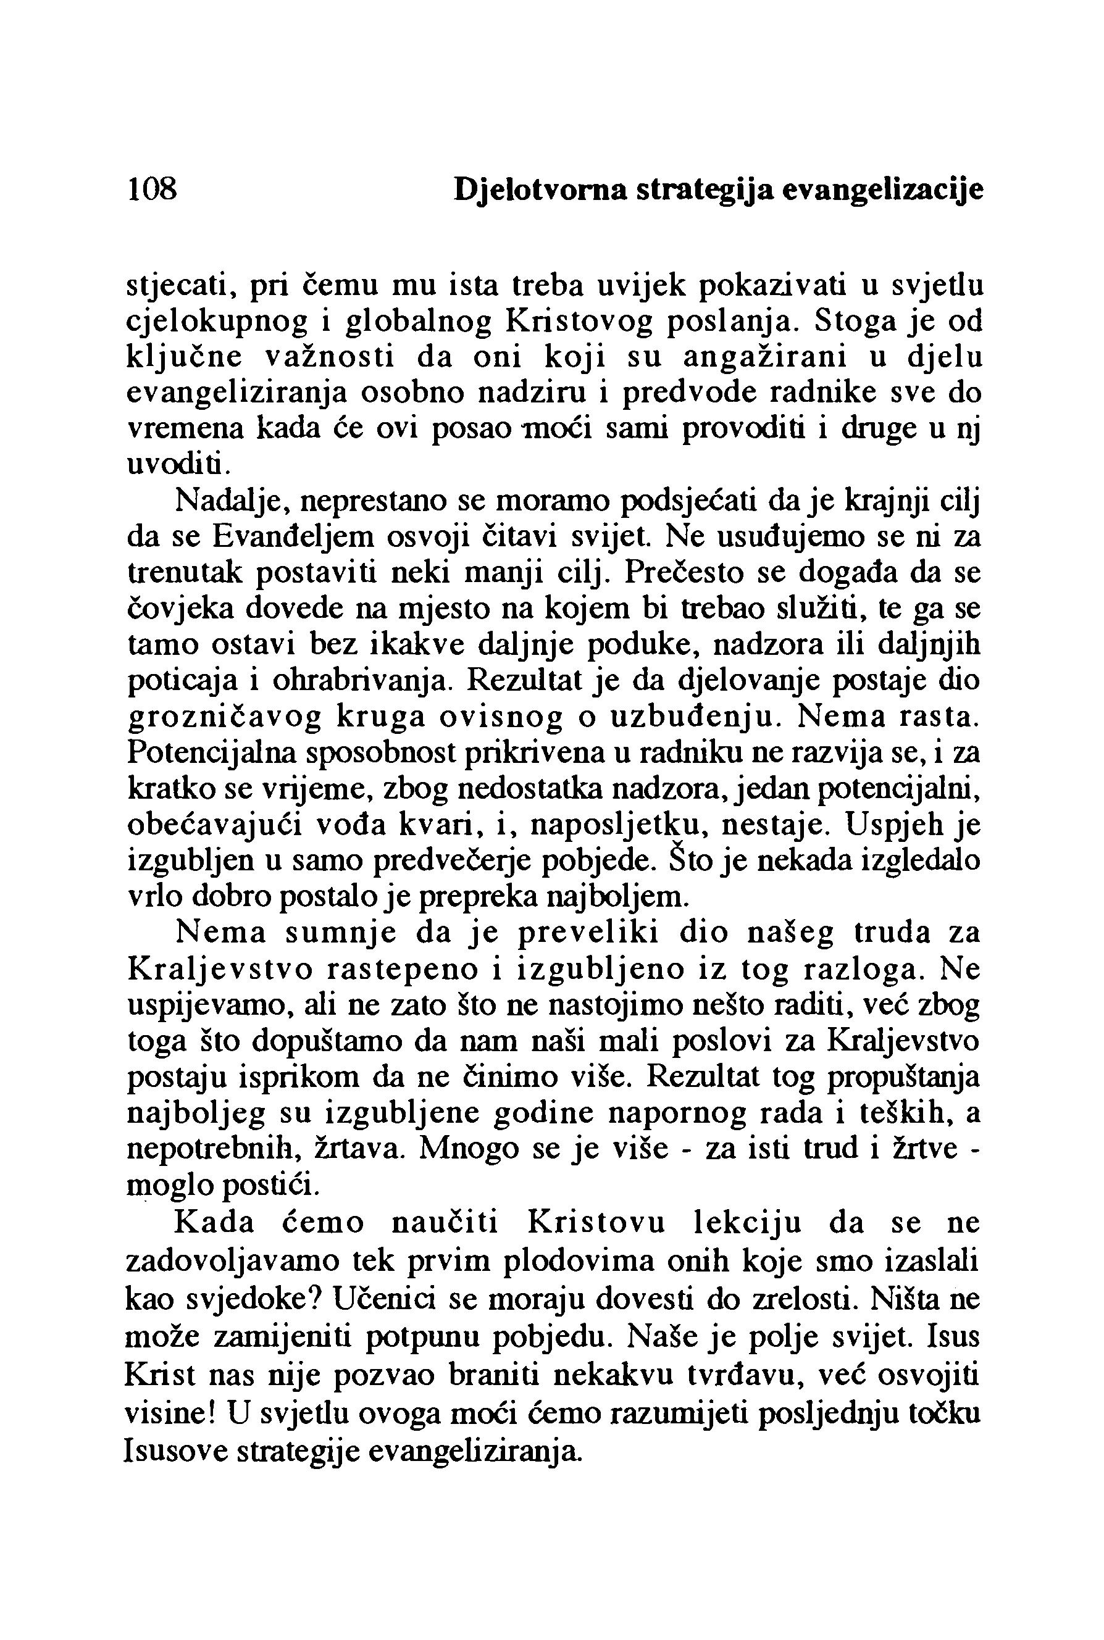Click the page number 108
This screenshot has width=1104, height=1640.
click(151, 189)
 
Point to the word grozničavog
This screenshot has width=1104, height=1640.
click(225, 717)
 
